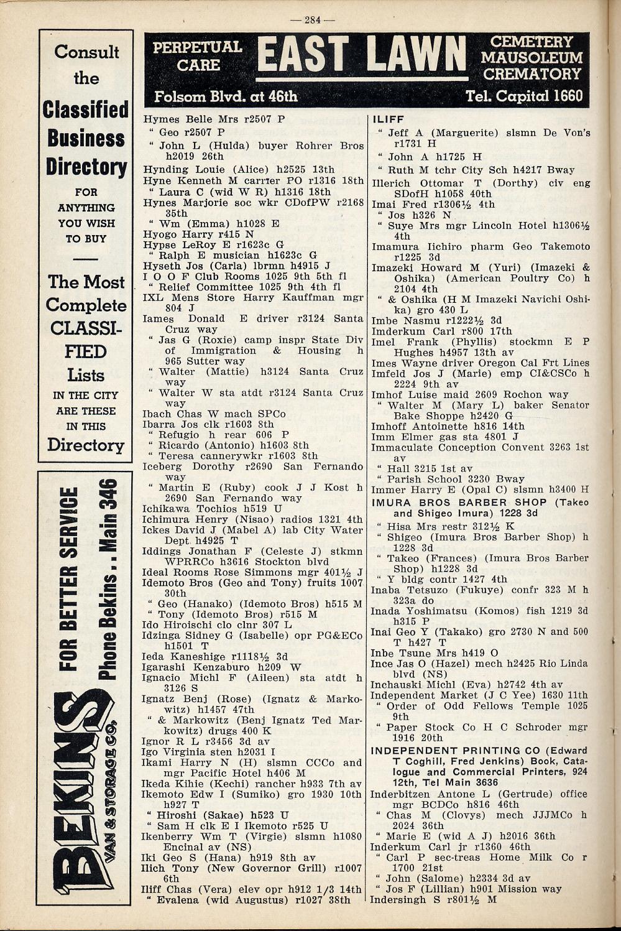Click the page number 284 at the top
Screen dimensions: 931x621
click(x=312, y=20)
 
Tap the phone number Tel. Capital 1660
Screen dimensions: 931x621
click(x=524, y=96)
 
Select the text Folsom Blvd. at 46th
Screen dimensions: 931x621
click(x=226, y=96)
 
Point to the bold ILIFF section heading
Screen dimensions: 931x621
click(x=388, y=119)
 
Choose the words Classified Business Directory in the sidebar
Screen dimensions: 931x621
click(x=86, y=138)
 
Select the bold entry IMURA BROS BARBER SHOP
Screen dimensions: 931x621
click(x=459, y=502)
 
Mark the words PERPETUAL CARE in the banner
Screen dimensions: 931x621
click(x=197, y=55)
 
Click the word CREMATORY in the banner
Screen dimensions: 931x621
click(x=531, y=74)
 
